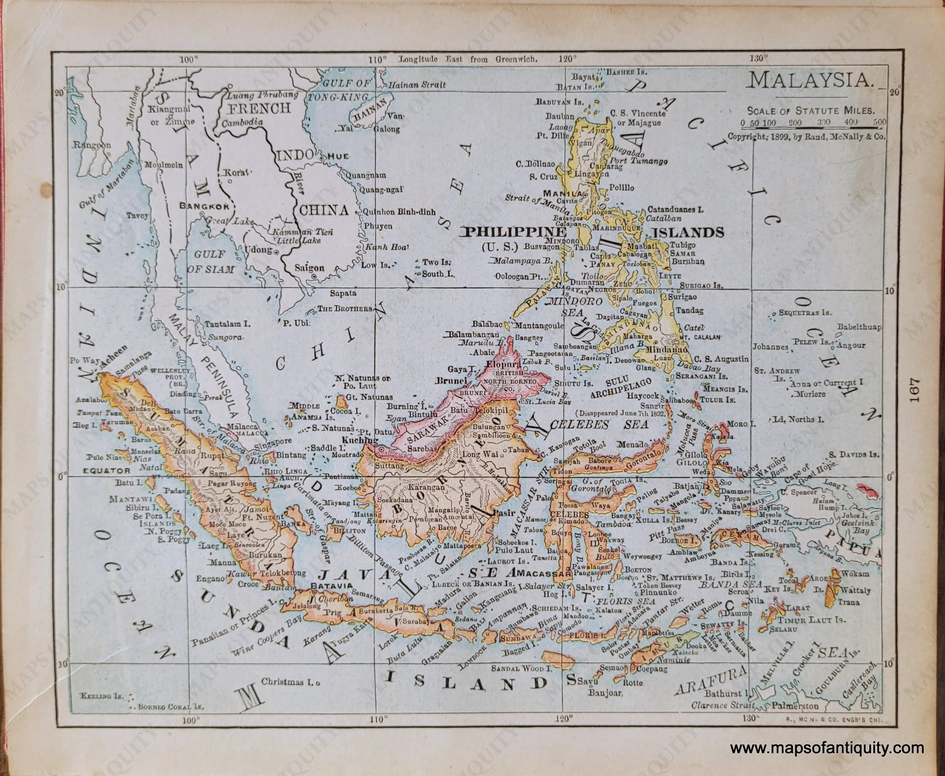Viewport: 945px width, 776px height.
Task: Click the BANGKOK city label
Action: tap(204, 206)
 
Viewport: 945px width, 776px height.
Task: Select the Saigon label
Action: tap(309, 268)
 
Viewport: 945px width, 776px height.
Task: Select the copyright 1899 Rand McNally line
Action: tap(806, 137)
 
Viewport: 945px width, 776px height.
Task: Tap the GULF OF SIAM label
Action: tap(210, 262)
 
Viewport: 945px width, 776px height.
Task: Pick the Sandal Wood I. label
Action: tap(521, 669)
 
